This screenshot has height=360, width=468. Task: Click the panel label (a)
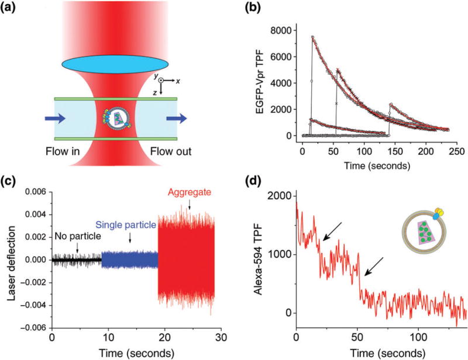point(15,8)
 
